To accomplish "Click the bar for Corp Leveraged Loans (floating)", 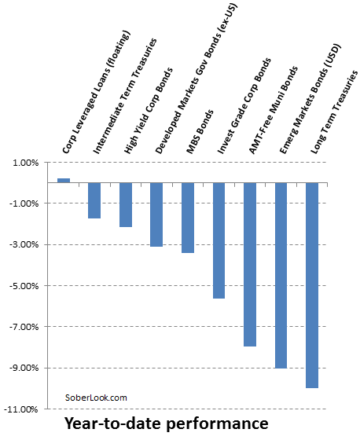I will click(64, 180).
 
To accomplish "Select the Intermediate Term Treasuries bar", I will click(94, 200).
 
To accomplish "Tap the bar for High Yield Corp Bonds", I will click(126, 204).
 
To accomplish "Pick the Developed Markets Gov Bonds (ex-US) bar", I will click(156, 214).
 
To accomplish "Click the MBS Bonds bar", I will click(188, 218).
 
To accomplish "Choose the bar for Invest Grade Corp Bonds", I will click(219, 240).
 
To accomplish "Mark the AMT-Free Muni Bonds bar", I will click(250, 264).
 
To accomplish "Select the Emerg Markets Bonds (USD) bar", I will click(281, 275).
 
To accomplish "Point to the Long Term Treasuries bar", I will click(312, 285).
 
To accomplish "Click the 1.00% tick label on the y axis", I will click(25, 163).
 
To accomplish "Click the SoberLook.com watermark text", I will click(95, 398).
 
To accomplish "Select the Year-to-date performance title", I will click(166, 424).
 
